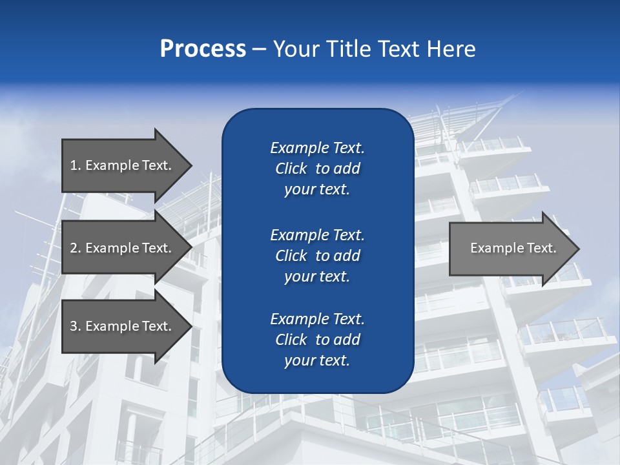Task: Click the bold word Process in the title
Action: pyautogui.click(x=203, y=49)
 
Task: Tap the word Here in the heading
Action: pyautogui.click(x=450, y=49)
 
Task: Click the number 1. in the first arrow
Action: pyautogui.click(x=76, y=165)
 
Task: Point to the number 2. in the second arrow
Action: pyautogui.click(x=76, y=248)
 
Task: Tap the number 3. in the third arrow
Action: pyautogui.click(x=76, y=326)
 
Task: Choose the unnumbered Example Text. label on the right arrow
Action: pyautogui.click(x=513, y=248)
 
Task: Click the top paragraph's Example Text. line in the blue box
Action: pyautogui.click(x=317, y=148)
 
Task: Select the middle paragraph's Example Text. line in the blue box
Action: pyautogui.click(x=317, y=234)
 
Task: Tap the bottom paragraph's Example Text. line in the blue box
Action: pyautogui.click(x=317, y=319)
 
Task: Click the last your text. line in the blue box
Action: pyautogui.click(x=317, y=361)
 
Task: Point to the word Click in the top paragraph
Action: pyautogui.click(x=291, y=169)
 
